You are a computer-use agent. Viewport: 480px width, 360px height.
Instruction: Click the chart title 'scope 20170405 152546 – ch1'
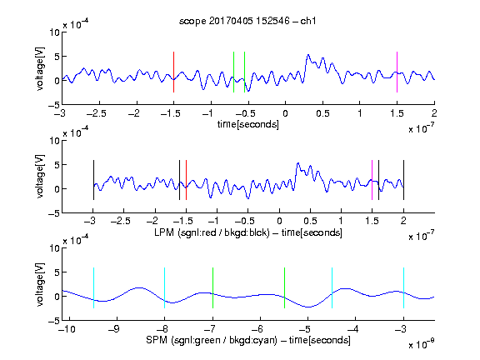(247, 21)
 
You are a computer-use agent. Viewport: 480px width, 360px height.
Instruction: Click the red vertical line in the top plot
(173, 72)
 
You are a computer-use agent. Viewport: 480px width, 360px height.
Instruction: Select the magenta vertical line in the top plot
(397, 72)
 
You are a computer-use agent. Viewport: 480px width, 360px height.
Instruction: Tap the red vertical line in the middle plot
(186, 180)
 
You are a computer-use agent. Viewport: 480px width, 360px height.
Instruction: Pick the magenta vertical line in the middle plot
(372, 180)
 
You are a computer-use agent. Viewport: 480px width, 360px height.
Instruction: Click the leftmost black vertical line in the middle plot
(93, 180)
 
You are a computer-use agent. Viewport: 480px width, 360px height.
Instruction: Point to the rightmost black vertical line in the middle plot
(403, 180)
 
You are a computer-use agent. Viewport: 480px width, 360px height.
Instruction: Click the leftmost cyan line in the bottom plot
(93, 287)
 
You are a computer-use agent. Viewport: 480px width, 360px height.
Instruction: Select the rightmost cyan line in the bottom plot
(403, 287)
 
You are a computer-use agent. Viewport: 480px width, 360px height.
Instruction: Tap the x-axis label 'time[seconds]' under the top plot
(248, 124)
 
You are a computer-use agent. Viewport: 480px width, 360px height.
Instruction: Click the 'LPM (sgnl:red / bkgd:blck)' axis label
(212, 232)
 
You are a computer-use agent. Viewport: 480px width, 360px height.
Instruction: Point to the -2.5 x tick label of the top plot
(96, 113)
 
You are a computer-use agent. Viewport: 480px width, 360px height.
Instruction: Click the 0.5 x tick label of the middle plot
(310, 221)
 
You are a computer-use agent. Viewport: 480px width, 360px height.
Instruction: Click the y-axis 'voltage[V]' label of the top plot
(40, 68)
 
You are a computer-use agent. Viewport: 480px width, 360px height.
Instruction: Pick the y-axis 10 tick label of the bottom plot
(54, 248)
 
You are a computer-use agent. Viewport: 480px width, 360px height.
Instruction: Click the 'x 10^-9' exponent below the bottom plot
(422, 344)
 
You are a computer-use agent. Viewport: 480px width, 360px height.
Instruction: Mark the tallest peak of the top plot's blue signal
(308, 55)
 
